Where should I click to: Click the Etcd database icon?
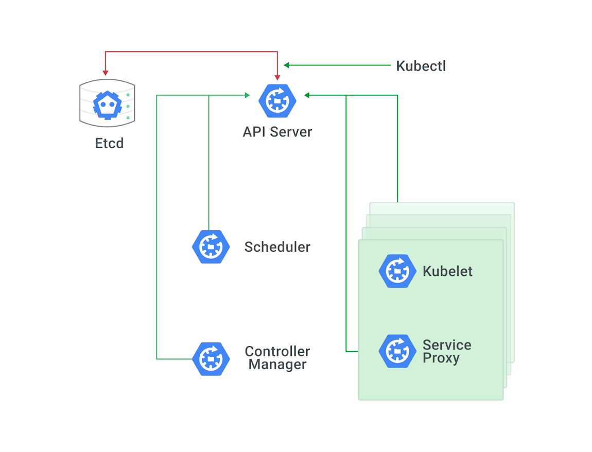pos(107,103)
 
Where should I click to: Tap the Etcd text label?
pos(109,143)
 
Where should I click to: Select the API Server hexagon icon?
pos(277,100)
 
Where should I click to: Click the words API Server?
pos(277,132)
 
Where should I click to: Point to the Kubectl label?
pos(421,66)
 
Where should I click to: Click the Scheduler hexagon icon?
pos(211,247)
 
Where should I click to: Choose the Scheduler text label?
pos(277,247)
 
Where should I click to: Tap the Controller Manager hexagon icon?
pos(211,359)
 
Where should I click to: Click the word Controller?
pos(277,352)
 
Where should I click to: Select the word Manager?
pos(277,365)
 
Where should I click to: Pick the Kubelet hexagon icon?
pos(397,271)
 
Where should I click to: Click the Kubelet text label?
pos(447,271)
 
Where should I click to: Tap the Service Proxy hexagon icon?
pos(397,352)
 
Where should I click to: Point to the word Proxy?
pos(441,358)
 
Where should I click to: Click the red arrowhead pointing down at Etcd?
pos(106,73)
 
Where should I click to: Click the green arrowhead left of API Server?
pos(247,95)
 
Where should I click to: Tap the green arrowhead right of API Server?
pos(307,95)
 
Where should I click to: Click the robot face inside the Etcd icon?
pos(107,105)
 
